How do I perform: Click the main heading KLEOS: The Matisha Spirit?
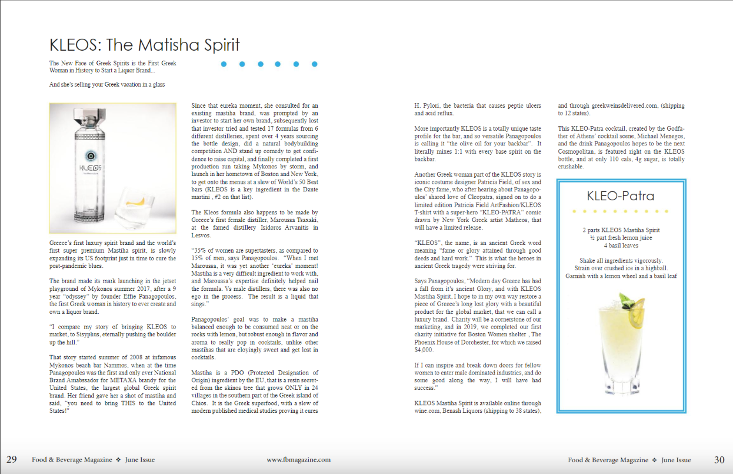(145, 45)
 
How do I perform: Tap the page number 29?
(12, 460)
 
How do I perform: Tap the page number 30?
(719, 460)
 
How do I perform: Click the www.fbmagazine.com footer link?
(298, 460)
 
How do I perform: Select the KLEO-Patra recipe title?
(620, 196)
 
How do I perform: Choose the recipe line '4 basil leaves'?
(621, 245)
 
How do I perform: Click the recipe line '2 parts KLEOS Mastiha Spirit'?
(621, 230)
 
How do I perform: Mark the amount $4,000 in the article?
(424, 349)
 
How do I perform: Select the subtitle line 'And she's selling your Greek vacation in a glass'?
(107, 84)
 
